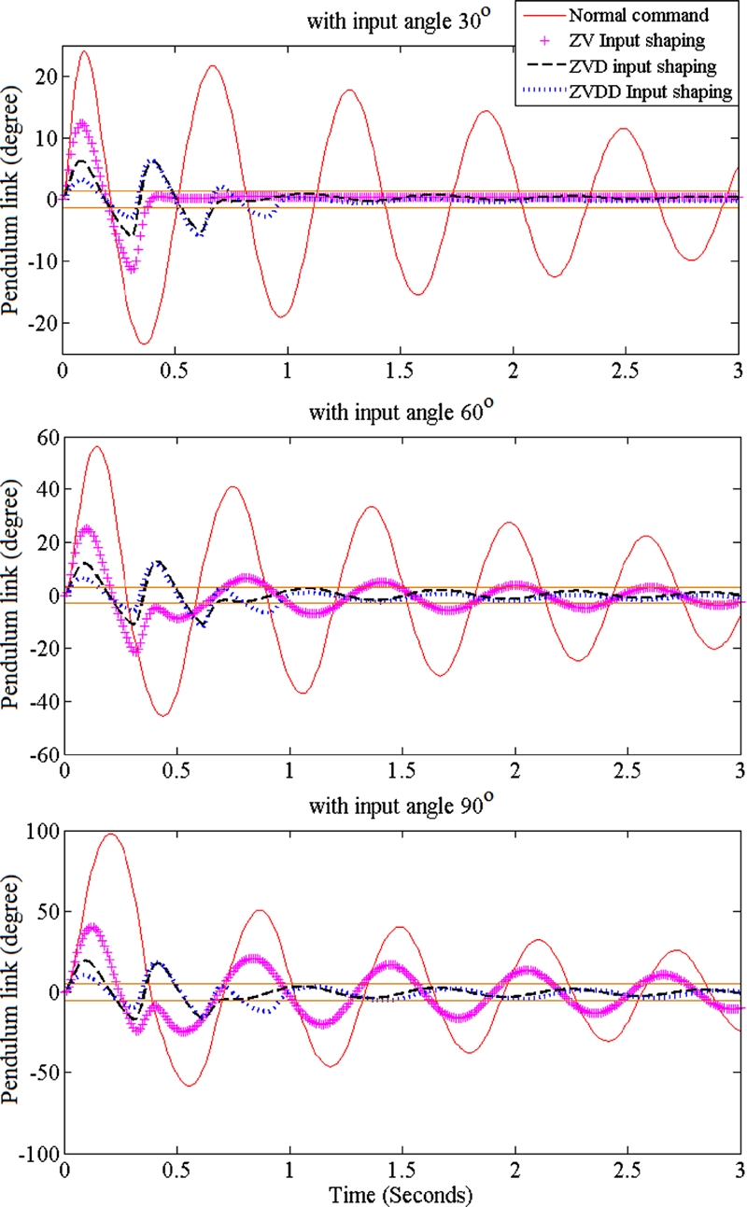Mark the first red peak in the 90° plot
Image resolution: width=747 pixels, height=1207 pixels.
point(111,834)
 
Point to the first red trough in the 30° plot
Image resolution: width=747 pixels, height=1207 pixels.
point(145,344)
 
